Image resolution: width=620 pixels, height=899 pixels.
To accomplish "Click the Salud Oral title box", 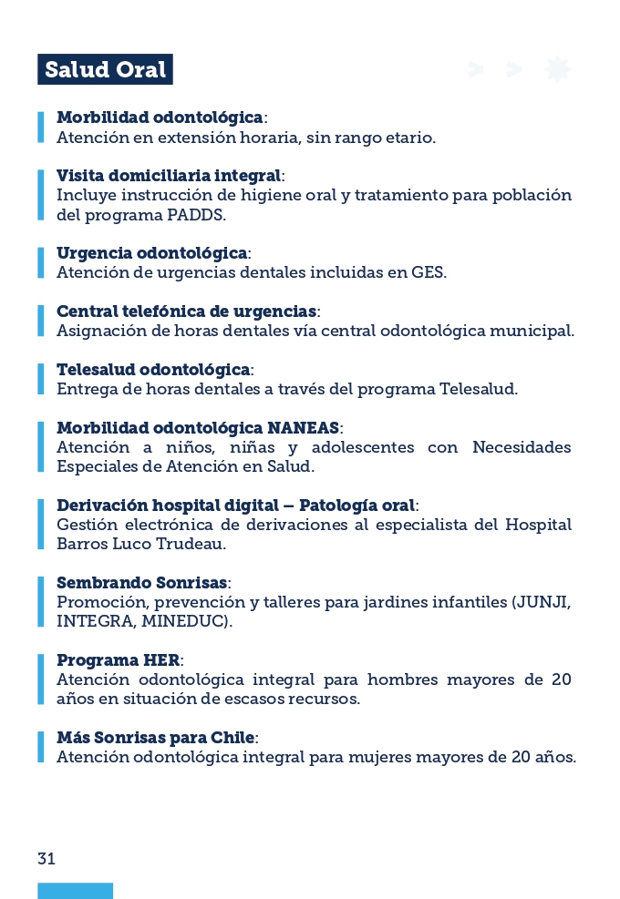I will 105,70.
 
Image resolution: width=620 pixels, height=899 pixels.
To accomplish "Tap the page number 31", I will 46,858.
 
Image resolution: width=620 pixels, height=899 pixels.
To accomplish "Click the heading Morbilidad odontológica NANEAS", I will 199,427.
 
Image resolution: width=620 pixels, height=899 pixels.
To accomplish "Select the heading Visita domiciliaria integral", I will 170,175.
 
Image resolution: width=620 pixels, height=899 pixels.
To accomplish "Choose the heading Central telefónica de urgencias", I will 186,312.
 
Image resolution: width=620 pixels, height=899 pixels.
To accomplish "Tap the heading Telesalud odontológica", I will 153,369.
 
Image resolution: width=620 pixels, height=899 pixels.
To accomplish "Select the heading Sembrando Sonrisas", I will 143,582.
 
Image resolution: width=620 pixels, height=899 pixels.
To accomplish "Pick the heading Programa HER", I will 119,659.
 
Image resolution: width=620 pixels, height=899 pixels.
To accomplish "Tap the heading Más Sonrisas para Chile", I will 156,737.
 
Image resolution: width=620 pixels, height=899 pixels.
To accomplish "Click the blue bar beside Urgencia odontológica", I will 41,262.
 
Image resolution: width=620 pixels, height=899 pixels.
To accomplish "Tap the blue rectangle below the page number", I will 75,890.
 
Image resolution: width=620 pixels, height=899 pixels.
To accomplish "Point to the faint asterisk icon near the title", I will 557,69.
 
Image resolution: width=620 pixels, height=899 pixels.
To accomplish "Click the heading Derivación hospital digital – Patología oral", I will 236,505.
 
